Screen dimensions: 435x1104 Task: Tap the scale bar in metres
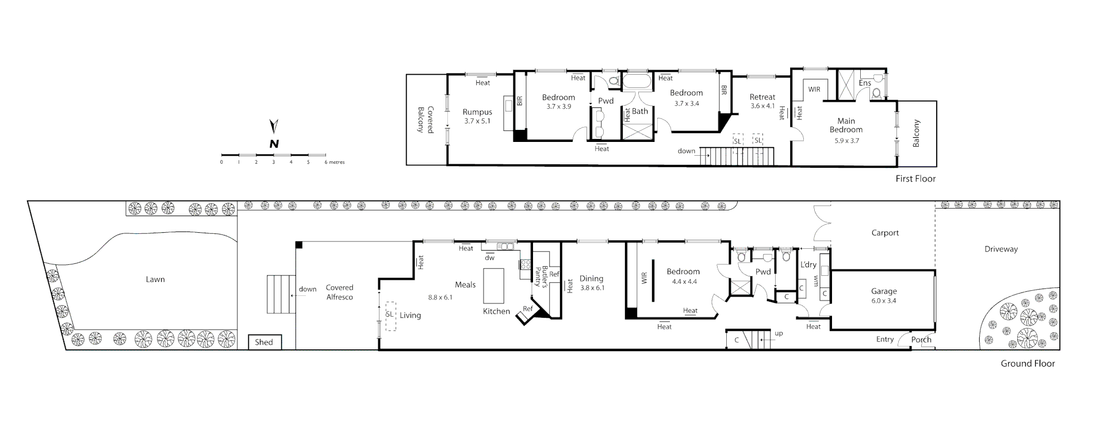point(274,155)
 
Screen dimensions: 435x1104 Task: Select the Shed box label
point(264,342)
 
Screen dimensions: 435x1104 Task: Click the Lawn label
point(155,280)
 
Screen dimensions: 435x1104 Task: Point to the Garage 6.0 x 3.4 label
point(883,296)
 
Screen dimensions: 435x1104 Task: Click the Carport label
point(885,233)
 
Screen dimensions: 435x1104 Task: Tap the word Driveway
point(1001,249)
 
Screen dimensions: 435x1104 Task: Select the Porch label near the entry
point(921,340)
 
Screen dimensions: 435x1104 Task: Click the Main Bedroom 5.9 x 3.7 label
point(846,130)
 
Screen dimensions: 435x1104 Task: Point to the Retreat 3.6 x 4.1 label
point(762,101)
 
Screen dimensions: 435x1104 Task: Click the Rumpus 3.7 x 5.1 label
point(477,116)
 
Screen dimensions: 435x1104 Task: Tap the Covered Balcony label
point(425,120)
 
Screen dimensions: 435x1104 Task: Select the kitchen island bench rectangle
point(493,286)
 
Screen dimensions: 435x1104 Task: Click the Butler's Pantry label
point(539,276)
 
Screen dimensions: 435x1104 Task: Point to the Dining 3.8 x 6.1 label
point(591,283)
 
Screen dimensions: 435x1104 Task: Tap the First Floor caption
point(915,179)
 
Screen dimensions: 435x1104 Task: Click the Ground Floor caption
point(1028,364)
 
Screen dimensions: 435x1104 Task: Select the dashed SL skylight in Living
point(390,315)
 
